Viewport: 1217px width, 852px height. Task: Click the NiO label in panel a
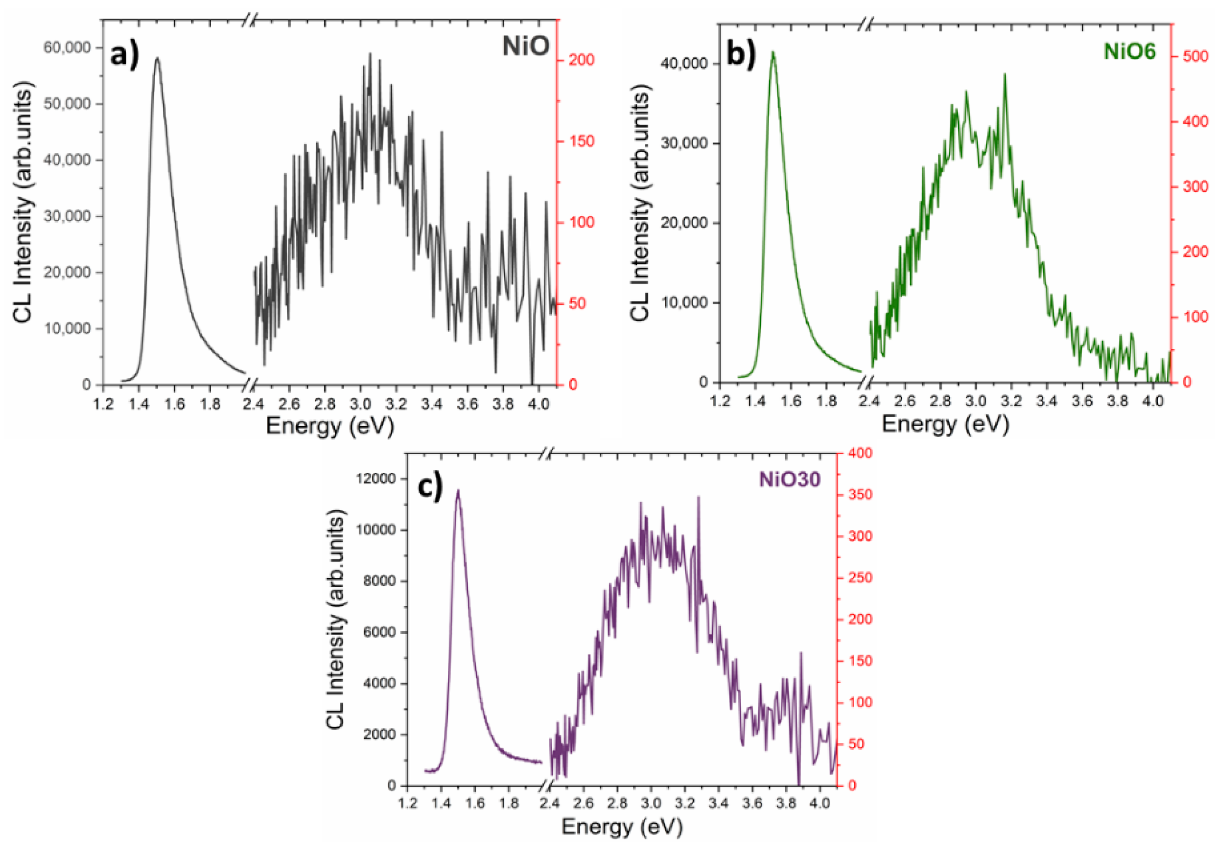tap(526, 46)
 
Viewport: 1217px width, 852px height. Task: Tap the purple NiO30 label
tap(789, 480)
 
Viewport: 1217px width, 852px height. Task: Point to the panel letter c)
tap(430, 487)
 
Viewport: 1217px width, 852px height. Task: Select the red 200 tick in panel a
tap(582, 60)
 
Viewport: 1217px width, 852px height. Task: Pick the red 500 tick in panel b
tap(1196, 56)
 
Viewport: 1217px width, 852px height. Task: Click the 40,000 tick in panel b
tap(684, 64)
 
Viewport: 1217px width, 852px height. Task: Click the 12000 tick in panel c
tap(376, 479)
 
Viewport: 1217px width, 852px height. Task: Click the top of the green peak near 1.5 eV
tap(773, 52)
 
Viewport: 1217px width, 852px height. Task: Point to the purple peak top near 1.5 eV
tap(458, 491)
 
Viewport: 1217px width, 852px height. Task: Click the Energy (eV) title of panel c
tap(622, 826)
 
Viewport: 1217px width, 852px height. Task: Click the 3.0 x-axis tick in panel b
tap(975, 401)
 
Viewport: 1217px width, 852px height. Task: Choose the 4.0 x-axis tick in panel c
tap(819, 803)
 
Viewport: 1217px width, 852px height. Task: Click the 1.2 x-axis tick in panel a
tap(103, 404)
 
